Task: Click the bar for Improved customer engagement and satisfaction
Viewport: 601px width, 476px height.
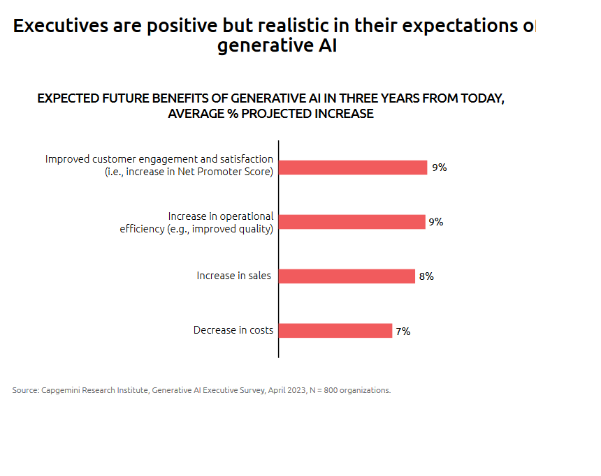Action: click(x=353, y=168)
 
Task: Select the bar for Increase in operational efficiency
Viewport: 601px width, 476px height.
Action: click(x=352, y=222)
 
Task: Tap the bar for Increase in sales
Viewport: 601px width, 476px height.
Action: click(x=347, y=276)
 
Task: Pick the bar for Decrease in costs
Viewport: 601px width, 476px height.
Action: click(x=335, y=331)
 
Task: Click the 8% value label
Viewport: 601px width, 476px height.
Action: click(x=426, y=276)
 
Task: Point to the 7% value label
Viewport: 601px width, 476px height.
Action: click(x=403, y=332)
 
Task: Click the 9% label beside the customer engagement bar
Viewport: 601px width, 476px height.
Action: click(x=439, y=168)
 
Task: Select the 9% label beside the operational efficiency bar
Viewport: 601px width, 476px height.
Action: click(x=436, y=222)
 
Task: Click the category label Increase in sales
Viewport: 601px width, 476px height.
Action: click(x=233, y=276)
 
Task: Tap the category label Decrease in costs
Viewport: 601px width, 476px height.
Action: click(x=233, y=330)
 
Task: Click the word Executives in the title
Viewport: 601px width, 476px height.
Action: click(x=61, y=27)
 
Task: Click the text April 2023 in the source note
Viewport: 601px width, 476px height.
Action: click(x=287, y=390)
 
